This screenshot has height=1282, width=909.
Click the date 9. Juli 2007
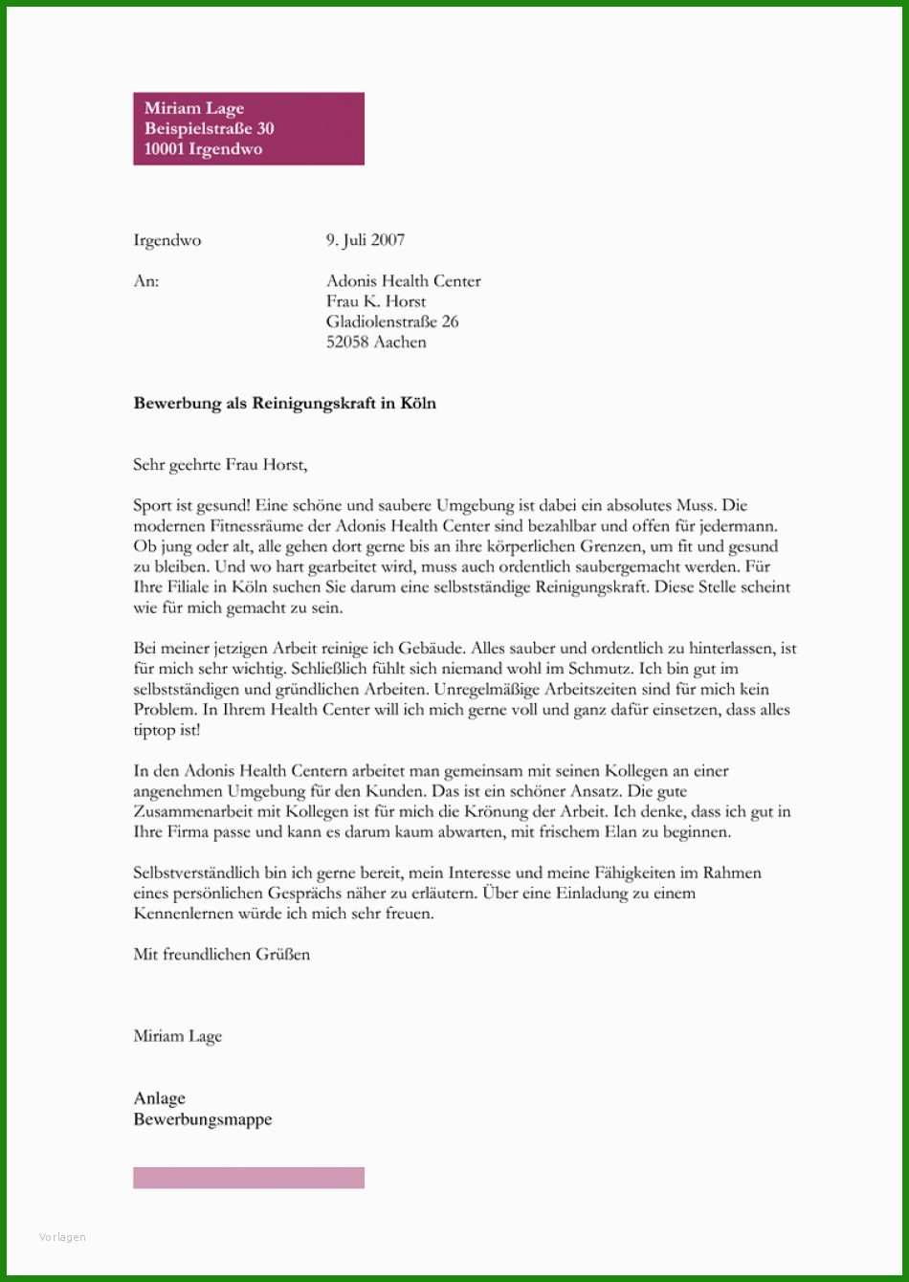(365, 241)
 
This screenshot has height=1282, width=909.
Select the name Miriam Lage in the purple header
(194, 109)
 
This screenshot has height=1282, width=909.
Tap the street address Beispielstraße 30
(209, 129)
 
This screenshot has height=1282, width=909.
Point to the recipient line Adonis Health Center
(403, 281)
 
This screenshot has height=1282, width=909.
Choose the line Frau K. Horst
(376, 301)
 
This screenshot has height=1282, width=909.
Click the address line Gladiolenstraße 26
(392, 321)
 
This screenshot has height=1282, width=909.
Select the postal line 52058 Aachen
(376, 342)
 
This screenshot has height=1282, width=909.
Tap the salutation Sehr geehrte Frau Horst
(222, 465)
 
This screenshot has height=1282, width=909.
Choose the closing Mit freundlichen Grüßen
(222, 954)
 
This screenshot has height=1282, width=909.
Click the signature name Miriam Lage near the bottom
(178, 1036)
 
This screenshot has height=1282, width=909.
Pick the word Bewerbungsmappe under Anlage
(203, 1119)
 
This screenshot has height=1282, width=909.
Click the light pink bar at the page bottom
(249, 1178)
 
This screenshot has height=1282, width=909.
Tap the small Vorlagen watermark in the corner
(63, 1237)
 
